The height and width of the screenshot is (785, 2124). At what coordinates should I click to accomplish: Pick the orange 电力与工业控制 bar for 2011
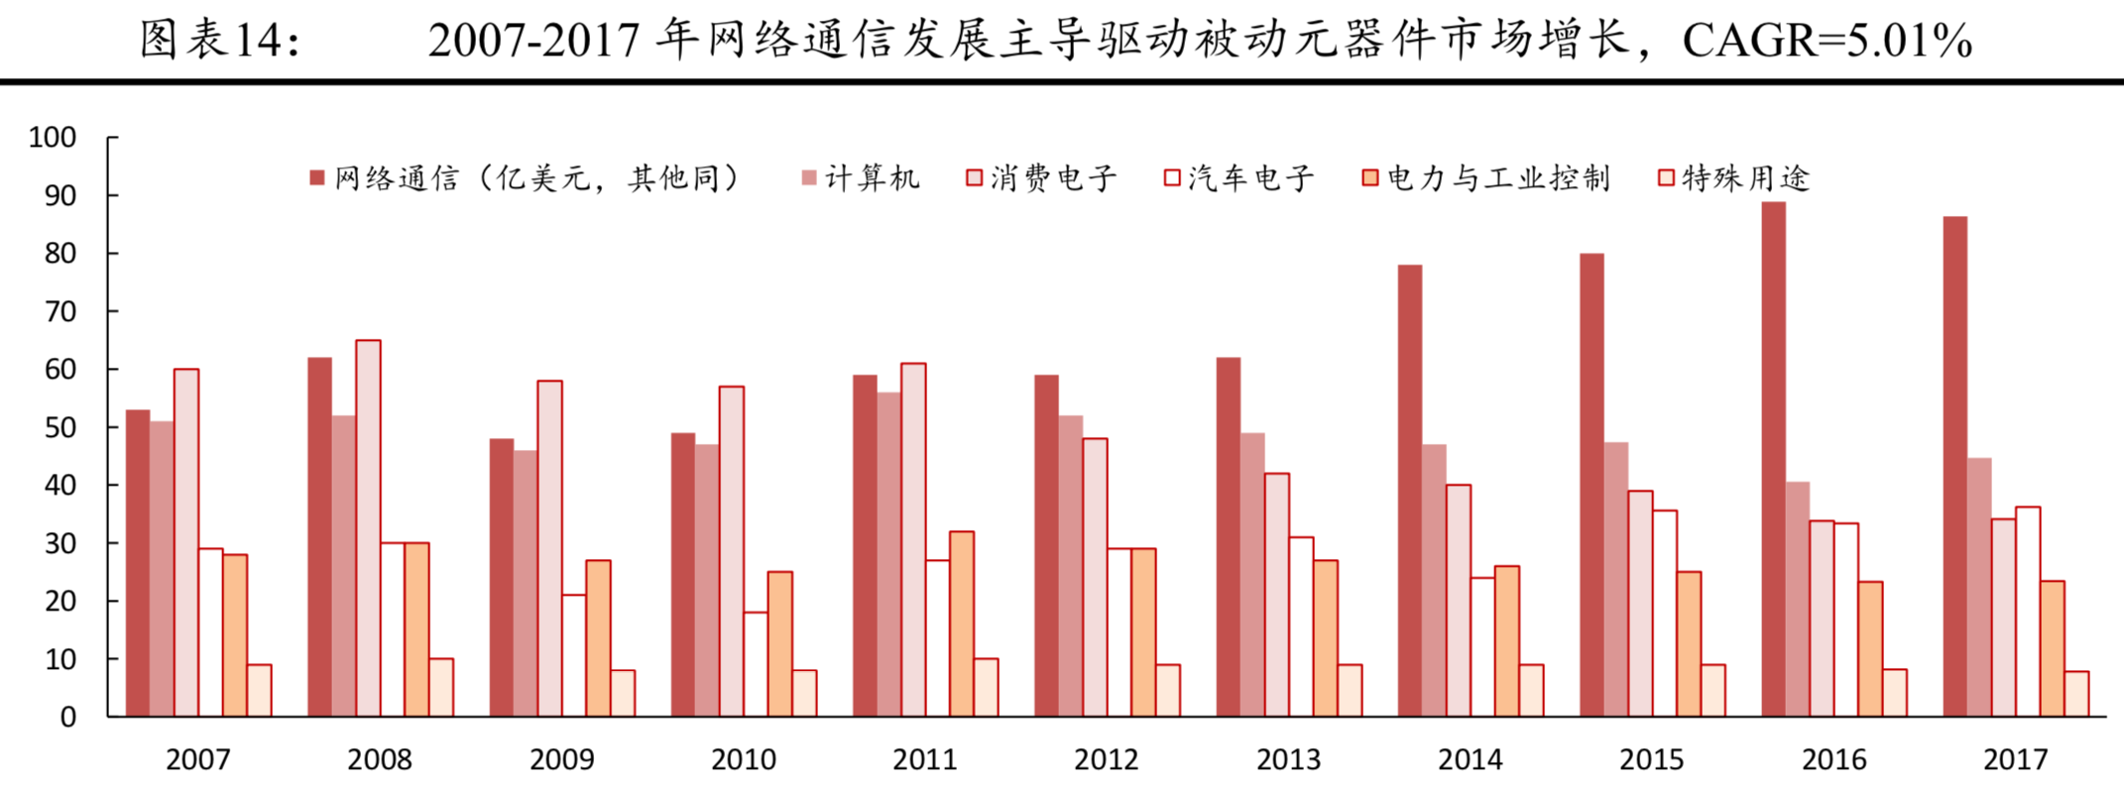[962, 623]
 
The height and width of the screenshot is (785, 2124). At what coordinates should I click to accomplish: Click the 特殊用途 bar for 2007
[259, 690]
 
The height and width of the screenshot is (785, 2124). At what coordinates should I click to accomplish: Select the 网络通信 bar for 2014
[1410, 491]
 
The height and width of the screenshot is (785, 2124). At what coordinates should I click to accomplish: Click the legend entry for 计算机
[861, 178]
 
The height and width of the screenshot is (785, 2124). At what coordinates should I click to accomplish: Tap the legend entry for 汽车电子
[1239, 178]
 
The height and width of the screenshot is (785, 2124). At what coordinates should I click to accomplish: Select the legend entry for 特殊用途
[1734, 178]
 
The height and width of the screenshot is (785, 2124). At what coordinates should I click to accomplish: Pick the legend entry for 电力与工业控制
[1486, 178]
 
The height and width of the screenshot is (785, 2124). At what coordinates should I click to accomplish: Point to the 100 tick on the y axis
[54, 138]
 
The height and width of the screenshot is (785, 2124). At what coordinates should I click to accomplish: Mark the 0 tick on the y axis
[67, 718]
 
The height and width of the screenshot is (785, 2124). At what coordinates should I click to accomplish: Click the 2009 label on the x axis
[561, 760]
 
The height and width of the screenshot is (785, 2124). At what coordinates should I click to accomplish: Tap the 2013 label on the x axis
[1288, 760]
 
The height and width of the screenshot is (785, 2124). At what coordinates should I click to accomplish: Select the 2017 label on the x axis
[2015, 760]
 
